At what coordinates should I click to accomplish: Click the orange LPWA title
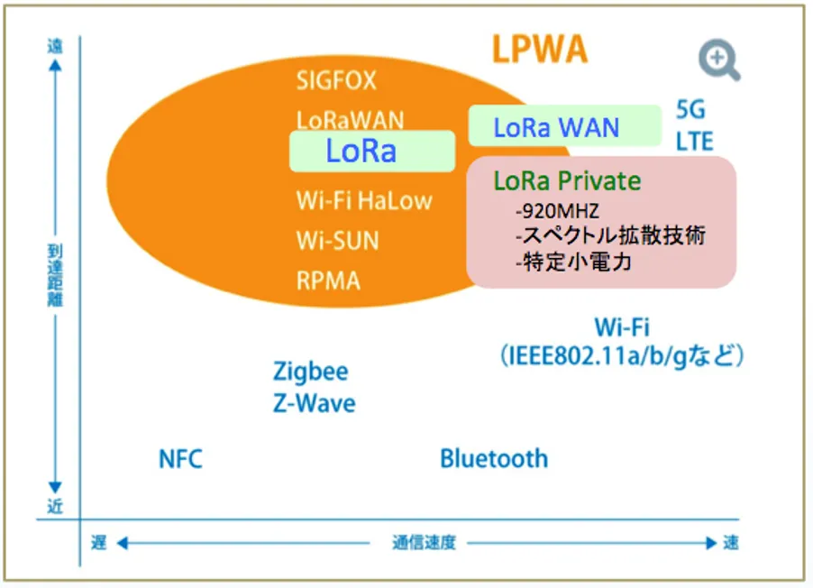[539, 49]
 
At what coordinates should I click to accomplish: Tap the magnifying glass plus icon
[718, 60]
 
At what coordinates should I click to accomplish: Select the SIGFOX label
[336, 81]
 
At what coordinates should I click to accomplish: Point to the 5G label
[690, 111]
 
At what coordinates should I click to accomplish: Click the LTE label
[694, 142]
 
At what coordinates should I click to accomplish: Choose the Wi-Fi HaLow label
[364, 200]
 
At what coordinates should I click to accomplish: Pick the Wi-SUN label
[337, 241]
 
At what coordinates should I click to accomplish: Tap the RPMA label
[328, 280]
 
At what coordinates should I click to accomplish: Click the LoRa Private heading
[567, 180]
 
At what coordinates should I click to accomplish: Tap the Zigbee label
[310, 372]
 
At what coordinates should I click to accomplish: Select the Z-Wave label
[314, 402]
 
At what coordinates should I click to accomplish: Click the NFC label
[180, 459]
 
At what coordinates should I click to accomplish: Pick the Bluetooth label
[493, 458]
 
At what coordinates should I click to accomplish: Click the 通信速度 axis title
[424, 543]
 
